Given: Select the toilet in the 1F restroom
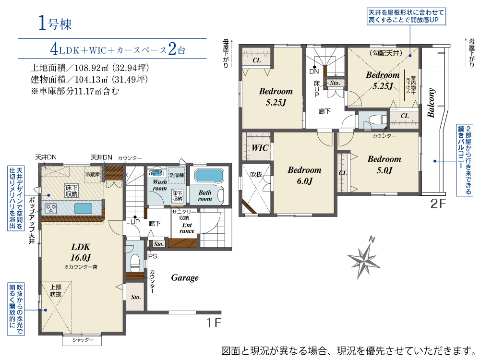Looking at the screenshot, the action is [135, 263].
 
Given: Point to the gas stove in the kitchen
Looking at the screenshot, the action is [51, 208].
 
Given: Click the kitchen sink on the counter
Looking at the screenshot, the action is [83, 208].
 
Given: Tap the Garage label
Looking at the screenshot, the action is [185, 277].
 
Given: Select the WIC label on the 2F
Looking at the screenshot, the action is [260, 148].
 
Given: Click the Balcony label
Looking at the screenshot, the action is [431, 103].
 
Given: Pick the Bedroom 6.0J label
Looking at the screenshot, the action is [305, 175].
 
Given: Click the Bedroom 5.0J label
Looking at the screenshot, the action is [384, 164].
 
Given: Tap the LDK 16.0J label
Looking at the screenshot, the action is [81, 252].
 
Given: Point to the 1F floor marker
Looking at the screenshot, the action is [214, 323].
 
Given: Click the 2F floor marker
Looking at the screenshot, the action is [438, 204].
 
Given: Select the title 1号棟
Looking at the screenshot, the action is [55, 23].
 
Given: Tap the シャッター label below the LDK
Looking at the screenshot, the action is [83, 340].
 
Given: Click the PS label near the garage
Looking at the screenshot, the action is [153, 256].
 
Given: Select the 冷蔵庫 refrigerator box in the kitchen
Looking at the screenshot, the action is [93, 175].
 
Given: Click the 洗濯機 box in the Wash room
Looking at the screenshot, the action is [177, 175].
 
